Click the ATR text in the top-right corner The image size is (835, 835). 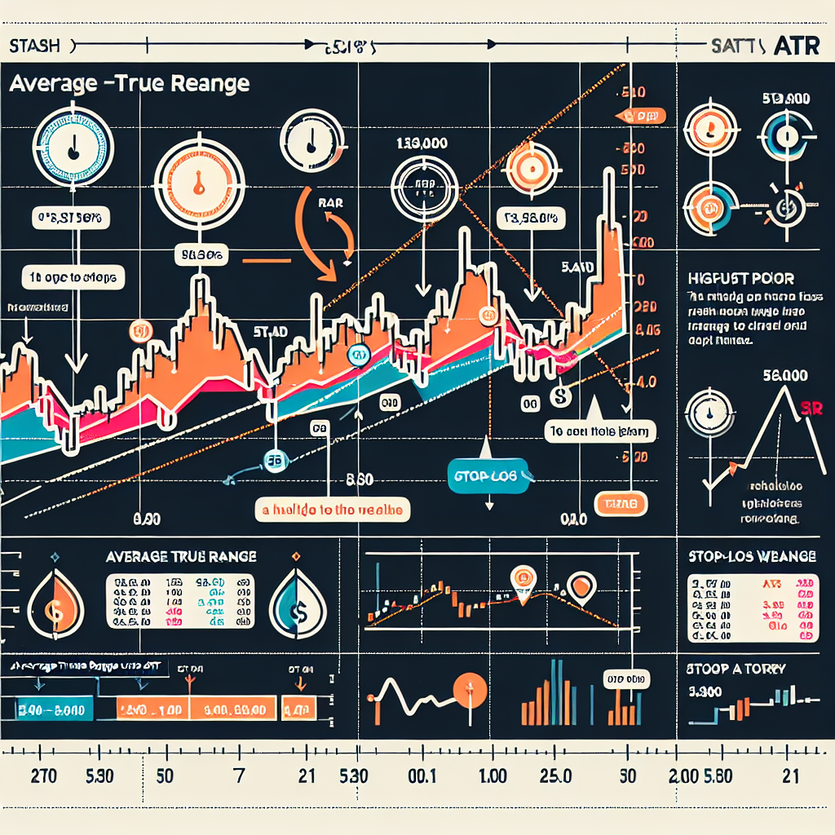801,46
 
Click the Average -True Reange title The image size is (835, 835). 128,84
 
